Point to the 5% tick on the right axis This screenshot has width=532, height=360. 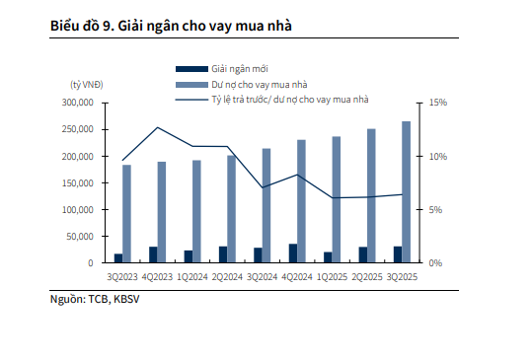click(436, 209)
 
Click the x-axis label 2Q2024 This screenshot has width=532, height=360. click(228, 278)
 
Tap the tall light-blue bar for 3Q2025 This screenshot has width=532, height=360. click(407, 192)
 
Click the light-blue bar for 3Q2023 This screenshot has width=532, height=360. click(126, 213)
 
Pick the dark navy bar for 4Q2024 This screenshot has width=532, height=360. click(292, 252)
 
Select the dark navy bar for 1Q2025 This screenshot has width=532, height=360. click(327, 256)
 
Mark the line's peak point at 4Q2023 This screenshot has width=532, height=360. click(157, 127)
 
